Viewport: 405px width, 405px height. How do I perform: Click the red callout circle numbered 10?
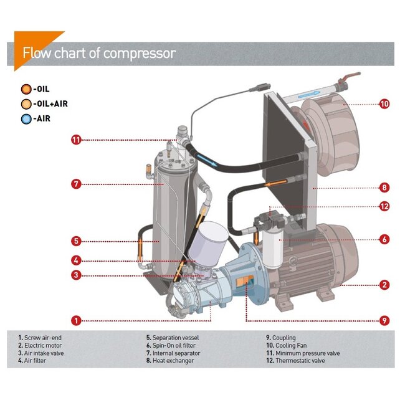pos(384,104)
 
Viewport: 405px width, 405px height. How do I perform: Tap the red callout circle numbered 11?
pos(76,140)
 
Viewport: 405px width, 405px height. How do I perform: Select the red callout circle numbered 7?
pos(76,184)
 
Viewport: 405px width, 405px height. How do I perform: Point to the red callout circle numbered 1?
pos(76,321)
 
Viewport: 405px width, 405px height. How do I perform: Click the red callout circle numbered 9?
pos(384,321)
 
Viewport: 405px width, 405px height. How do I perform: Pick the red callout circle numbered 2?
pos(384,285)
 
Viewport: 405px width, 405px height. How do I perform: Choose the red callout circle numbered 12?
pos(384,206)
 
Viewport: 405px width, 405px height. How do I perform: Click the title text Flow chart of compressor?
pos(99,53)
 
